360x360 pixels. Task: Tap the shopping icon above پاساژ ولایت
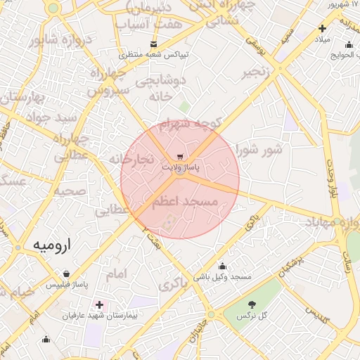[x=181, y=157]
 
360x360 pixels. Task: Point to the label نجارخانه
[x=131, y=160]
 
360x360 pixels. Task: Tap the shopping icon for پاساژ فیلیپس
[x=66, y=274]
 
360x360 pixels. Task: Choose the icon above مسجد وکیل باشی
[x=222, y=266]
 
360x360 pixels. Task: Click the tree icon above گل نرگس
[x=252, y=304]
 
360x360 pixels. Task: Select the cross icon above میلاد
[x=322, y=29]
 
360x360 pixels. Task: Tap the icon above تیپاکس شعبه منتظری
[x=153, y=44]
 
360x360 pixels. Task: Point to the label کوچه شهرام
[x=191, y=125]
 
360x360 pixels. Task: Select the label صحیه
[x=70, y=191]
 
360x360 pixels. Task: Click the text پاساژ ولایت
[x=181, y=168]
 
